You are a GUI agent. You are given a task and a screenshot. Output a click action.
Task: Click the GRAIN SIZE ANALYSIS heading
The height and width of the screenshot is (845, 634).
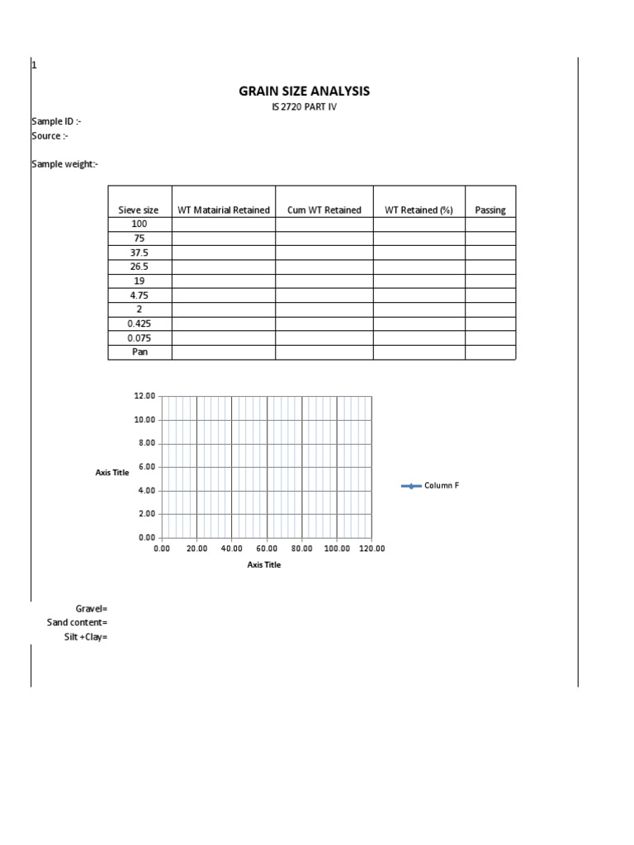tap(305, 91)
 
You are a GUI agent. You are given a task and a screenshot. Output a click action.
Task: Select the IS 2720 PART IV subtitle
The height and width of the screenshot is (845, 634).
tap(305, 108)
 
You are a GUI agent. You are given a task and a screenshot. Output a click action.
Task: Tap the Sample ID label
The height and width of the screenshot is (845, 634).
tap(56, 122)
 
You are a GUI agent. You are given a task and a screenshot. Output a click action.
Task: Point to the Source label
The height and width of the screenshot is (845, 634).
tap(50, 136)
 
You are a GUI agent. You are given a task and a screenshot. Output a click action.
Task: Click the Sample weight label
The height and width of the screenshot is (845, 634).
tap(65, 164)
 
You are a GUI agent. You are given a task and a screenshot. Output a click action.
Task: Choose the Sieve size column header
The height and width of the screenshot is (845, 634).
tap(139, 210)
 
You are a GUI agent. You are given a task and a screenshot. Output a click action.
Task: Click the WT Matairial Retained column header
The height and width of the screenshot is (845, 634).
tap(224, 210)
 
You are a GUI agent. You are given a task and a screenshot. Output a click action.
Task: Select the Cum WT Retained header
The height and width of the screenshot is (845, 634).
tap(324, 210)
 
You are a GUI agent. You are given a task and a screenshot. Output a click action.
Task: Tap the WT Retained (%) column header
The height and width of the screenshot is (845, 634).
tap(419, 210)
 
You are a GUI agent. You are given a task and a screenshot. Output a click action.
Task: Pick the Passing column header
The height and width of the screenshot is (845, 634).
tap(490, 210)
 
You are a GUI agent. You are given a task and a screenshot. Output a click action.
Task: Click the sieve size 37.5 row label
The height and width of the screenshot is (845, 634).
tap(139, 253)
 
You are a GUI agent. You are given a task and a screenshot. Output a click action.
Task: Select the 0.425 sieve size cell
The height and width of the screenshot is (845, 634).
tap(139, 323)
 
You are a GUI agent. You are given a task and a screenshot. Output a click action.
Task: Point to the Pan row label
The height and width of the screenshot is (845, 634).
tap(139, 352)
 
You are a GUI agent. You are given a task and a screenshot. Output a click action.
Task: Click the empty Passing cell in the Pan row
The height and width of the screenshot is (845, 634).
tap(490, 352)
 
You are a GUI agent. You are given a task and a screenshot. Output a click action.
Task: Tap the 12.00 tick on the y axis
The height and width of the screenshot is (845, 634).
tap(144, 396)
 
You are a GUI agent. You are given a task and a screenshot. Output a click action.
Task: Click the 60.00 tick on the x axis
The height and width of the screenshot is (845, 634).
tap(267, 549)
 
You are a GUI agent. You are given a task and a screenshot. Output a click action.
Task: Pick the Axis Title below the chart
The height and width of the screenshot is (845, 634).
tap(264, 565)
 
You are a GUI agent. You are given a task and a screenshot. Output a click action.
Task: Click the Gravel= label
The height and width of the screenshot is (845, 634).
tap(92, 608)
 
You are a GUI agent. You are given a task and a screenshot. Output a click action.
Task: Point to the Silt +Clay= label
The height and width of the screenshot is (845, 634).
tap(86, 637)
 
